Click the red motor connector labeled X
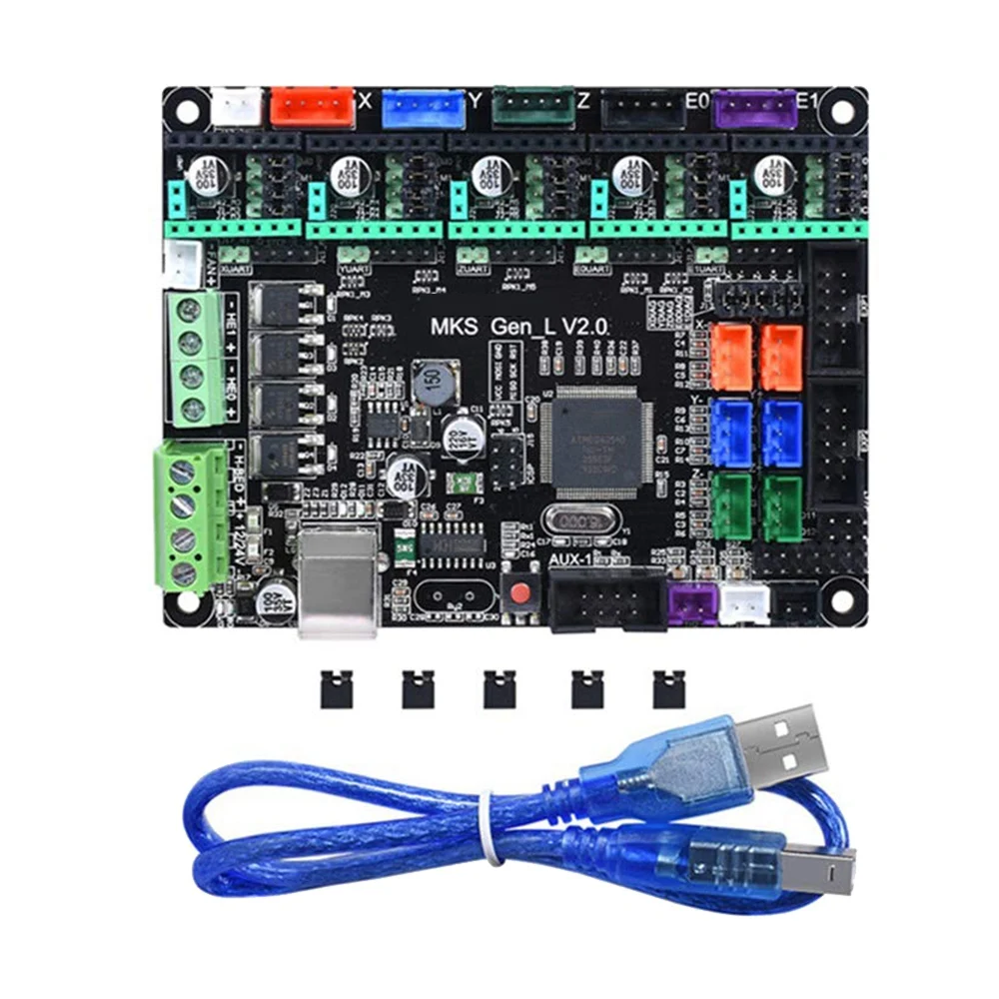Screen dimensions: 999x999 (x=312, y=106)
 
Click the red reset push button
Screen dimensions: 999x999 (x=519, y=595)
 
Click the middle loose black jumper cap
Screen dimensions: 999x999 (x=497, y=688)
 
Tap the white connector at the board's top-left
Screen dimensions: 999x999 (x=238, y=106)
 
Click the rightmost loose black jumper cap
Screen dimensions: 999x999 (x=663, y=688)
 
